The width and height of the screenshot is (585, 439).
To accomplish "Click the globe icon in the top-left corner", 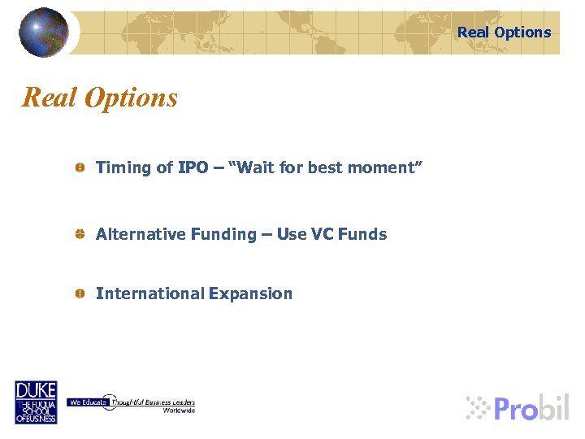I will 44,33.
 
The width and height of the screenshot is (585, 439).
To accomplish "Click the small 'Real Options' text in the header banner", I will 504,33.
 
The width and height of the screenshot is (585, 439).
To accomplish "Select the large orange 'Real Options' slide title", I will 100,98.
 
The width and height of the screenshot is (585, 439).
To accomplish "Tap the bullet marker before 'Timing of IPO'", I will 80,167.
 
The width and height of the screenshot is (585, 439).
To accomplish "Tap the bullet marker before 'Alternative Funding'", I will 80,234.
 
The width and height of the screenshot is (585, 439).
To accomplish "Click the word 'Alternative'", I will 141,234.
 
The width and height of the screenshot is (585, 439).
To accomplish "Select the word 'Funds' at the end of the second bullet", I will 362,234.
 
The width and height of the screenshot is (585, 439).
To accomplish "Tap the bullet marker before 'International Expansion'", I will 80,293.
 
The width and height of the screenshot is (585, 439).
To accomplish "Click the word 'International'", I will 149,293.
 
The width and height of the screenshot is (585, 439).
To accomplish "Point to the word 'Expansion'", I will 250,293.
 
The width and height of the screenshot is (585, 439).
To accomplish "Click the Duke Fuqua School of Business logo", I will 36,402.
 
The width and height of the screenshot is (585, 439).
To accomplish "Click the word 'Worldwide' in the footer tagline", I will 179,411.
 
